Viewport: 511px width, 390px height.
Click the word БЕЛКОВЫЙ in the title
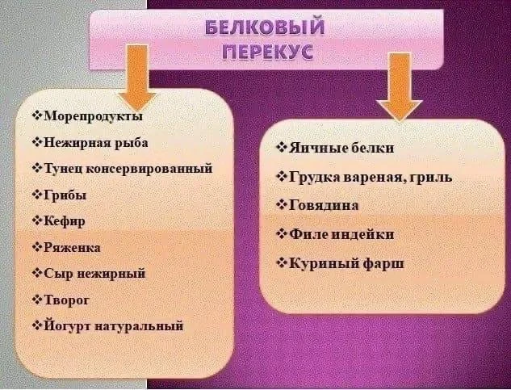(266, 27)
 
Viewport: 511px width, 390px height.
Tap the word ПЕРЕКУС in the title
(268, 52)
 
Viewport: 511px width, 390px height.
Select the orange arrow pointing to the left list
(137, 78)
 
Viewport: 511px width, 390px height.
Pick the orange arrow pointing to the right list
(400, 86)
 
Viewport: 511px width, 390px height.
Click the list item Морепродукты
(93, 116)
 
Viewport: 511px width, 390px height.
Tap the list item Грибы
(65, 195)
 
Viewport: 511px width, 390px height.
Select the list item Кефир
(65, 221)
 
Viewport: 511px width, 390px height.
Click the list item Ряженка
(72, 248)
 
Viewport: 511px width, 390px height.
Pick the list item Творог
(66, 300)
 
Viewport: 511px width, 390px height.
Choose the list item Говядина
(324, 205)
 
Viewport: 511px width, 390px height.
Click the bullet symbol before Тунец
(37, 168)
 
